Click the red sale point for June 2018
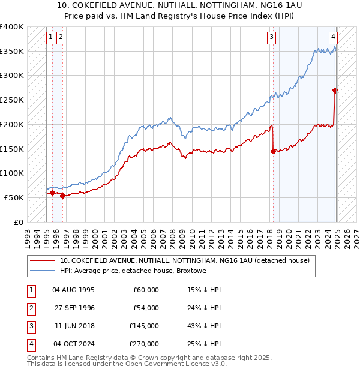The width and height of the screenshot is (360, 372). click(x=273, y=151)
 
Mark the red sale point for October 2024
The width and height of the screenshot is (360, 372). click(x=335, y=91)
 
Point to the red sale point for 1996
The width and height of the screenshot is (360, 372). click(x=63, y=196)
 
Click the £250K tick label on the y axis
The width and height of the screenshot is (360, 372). click(x=11, y=100)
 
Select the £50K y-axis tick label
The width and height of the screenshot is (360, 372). click(x=14, y=197)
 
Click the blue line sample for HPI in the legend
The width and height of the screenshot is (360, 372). click(x=43, y=271)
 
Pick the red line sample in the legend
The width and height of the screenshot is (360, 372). click(x=43, y=261)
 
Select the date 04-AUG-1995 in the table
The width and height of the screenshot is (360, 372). click(x=74, y=289)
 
